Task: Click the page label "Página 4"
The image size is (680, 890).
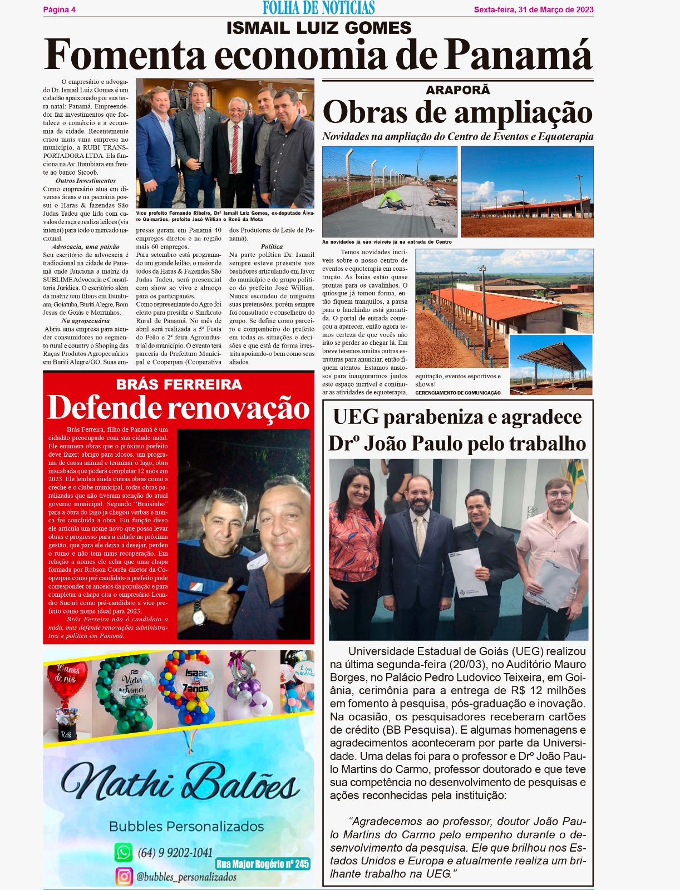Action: (x=59, y=9)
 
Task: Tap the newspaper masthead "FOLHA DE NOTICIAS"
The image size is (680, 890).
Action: (x=318, y=8)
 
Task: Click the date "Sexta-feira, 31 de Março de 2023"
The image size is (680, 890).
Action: (x=533, y=9)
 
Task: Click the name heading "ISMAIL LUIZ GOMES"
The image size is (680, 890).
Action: (x=318, y=28)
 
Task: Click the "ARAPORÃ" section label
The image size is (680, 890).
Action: (x=457, y=90)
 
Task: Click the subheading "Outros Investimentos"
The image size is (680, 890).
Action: (x=85, y=181)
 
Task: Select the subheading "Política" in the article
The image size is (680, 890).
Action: (x=272, y=246)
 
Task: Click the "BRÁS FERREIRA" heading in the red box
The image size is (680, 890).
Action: (x=179, y=384)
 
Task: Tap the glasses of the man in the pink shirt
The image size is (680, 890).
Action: (x=559, y=493)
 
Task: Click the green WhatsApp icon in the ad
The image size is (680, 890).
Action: (x=123, y=852)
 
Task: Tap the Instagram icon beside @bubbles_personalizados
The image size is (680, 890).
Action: (x=124, y=876)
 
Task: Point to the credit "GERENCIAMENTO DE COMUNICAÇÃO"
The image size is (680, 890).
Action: (x=457, y=393)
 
